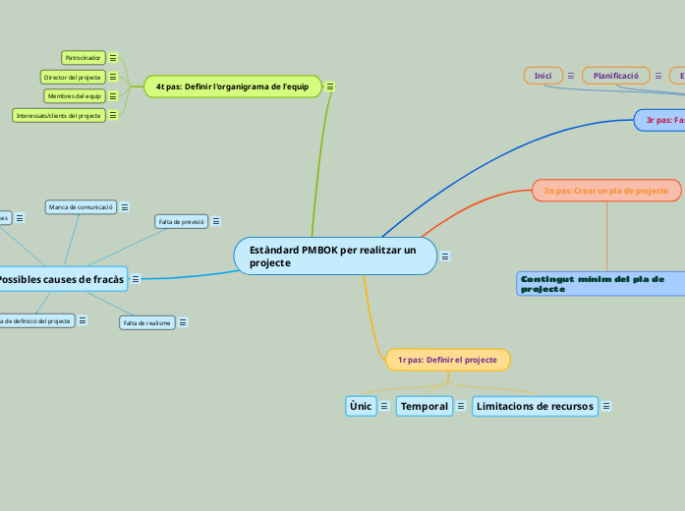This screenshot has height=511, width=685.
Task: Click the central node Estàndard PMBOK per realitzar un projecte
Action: coord(334,256)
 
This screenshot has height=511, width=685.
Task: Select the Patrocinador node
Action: coord(84,58)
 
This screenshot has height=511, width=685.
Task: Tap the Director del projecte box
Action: coord(72,77)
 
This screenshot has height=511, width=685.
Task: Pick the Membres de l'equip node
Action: coord(74,96)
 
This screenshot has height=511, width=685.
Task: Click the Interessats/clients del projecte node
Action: coord(59,115)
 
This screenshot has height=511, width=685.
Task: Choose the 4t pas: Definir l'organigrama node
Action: coord(232,86)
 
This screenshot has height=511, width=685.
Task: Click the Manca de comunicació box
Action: coord(82,206)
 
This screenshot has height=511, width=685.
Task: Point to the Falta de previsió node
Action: coord(181,221)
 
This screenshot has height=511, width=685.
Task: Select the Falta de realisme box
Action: coord(147,322)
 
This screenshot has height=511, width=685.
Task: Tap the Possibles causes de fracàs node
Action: coord(62,279)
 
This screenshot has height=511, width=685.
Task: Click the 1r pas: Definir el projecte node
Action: coord(447,360)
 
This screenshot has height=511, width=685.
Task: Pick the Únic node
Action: coord(360,406)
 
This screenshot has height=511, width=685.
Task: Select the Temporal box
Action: coord(425,406)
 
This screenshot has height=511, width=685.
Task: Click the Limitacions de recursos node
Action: coord(535,406)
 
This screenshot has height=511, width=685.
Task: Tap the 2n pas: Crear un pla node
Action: coord(606,191)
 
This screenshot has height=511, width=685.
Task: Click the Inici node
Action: coord(542,76)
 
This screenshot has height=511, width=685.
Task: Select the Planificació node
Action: coord(616,76)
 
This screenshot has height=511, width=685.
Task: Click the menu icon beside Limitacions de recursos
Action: coord(606,406)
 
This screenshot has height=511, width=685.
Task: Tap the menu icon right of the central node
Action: coord(445,256)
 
